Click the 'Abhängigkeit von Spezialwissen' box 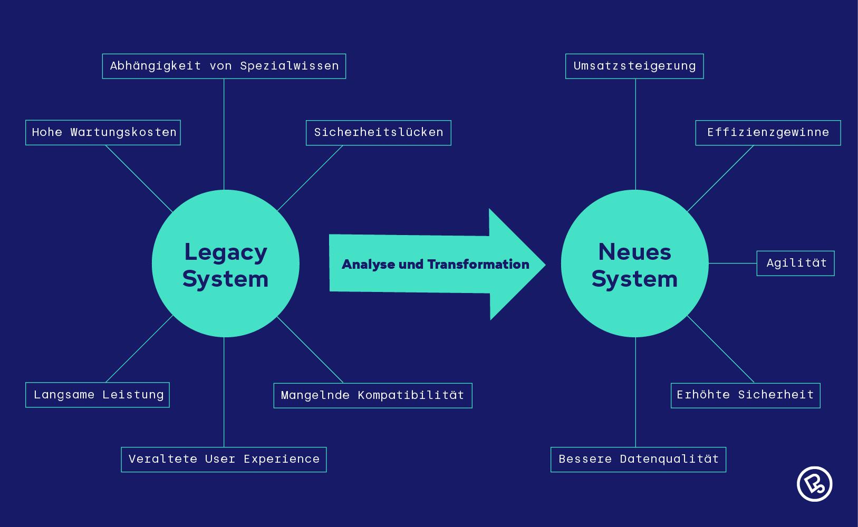[x=224, y=66]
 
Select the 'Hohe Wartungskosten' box [x=103, y=132]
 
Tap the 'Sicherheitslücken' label [x=378, y=132]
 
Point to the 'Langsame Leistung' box [x=98, y=395]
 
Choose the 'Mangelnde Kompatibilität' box [x=372, y=395]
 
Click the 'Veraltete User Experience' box [x=224, y=459]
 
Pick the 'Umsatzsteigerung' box [x=634, y=66]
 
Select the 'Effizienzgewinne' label [x=767, y=132]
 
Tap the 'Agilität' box [x=795, y=263]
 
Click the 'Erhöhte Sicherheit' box [x=745, y=395]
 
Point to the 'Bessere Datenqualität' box [x=638, y=459]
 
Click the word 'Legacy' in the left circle [x=226, y=252]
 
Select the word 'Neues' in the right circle [x=634, y=252]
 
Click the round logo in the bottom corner [x=814, y=483]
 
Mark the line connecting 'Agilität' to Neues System [x=732, y=263]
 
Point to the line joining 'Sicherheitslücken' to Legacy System [x=310, y=178]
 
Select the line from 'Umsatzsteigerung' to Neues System [x=635, y=134]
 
